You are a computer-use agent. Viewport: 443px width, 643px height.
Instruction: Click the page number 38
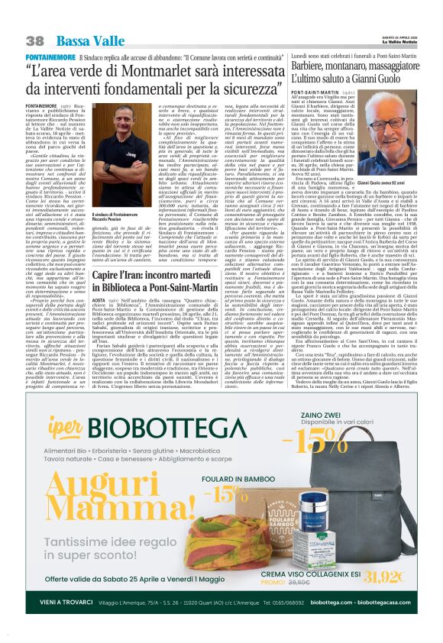point(35,40)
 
